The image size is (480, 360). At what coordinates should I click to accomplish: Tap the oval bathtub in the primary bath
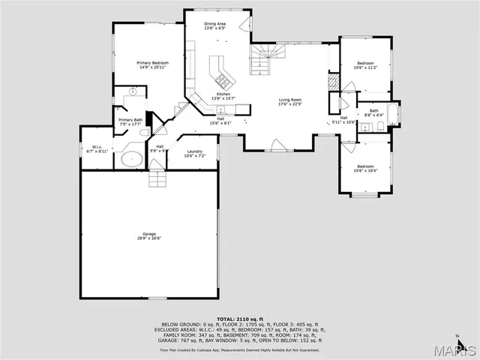click(x=133, y=158)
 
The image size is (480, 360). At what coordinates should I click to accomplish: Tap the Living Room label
click(x=290, y=100)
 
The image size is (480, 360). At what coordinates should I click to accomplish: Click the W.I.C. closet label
click(x=97, y=148)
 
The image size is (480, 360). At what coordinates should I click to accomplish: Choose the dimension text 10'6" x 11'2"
click(x=365, y=67)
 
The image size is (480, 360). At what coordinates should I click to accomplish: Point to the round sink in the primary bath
click(x=132, y=91)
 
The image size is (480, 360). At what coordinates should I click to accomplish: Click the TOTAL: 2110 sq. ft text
click(x=239, y=319)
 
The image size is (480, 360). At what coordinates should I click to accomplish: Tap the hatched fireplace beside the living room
click(x=332, y=82)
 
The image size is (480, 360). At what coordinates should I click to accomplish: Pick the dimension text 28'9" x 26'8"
click(x=149, y=238)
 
